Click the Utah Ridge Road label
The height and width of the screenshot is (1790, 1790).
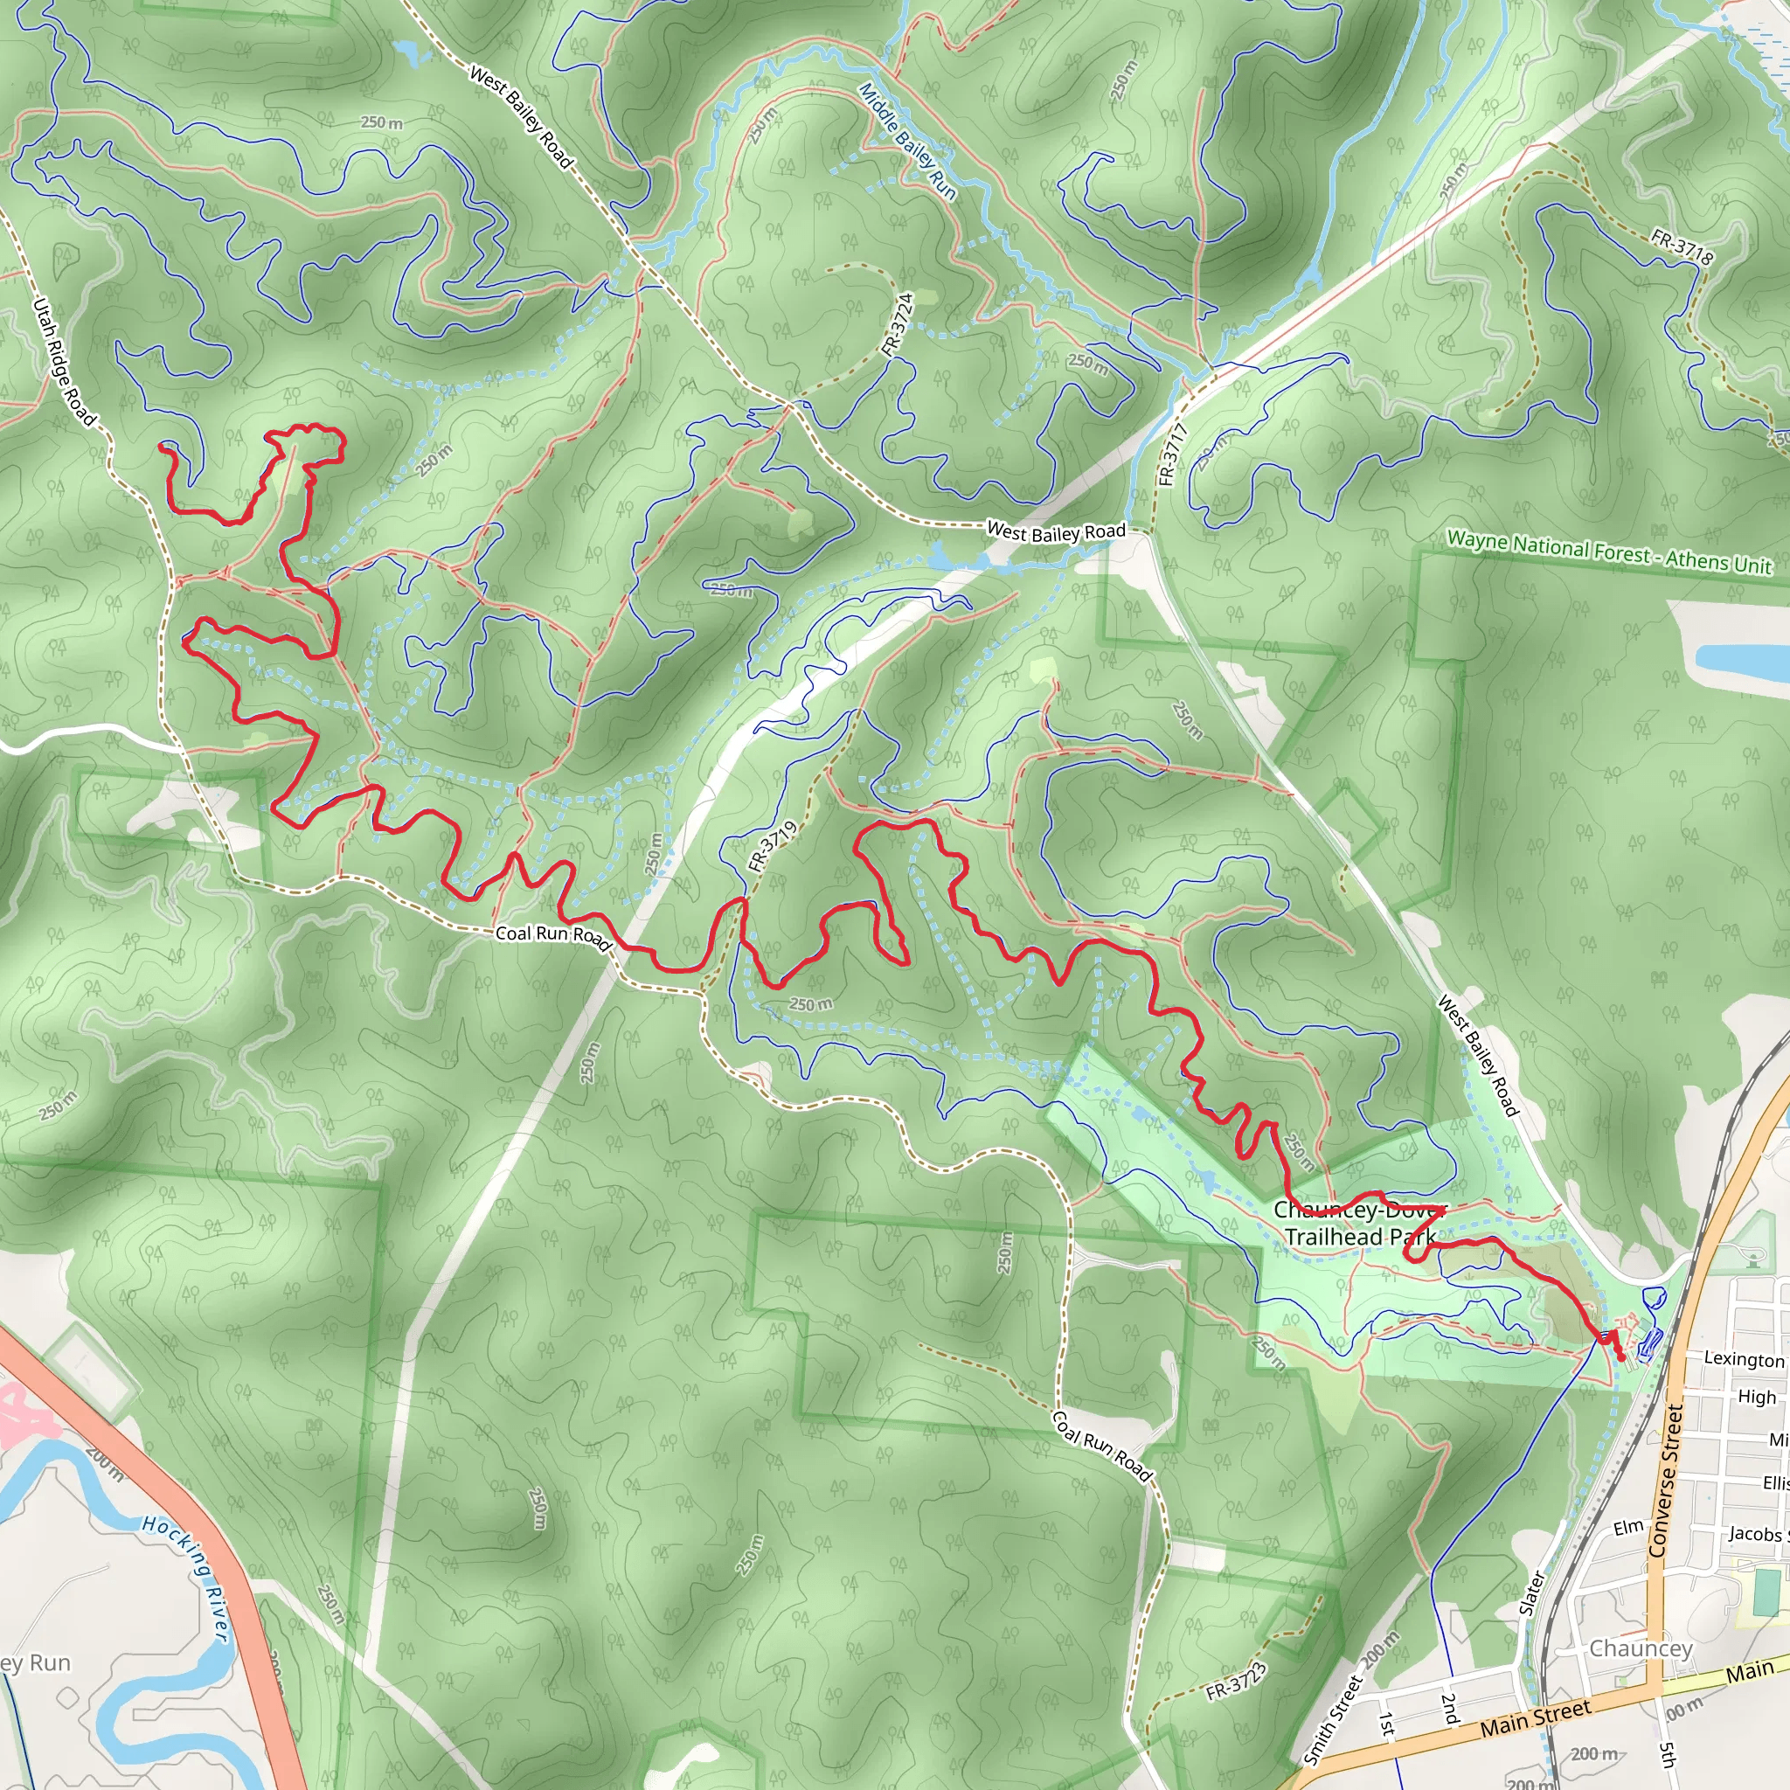click(63, 362)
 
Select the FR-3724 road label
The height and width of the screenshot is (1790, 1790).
click(897, 324)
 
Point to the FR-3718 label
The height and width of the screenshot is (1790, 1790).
click(1681, 246)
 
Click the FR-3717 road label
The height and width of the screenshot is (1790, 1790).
click(1172, 454)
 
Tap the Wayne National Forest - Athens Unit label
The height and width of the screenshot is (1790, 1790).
click(1608, 552)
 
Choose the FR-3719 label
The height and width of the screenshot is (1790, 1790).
click(772, 846)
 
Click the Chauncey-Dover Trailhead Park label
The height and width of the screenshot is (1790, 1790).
click(1359, 1223)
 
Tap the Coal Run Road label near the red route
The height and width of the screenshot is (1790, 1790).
click(553, 936)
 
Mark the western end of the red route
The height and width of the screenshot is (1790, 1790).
click(163, 447)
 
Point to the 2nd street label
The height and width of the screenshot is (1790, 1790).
click(1449, 1708)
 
